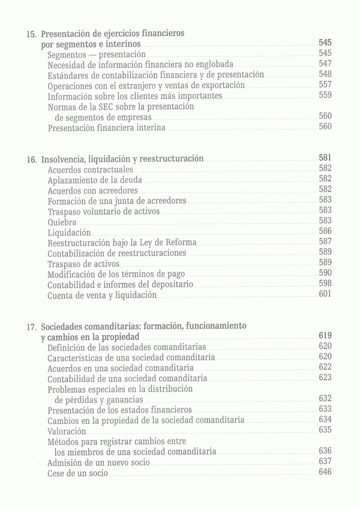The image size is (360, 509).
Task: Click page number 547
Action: (x=325, y=64)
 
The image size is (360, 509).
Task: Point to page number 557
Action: (x=325, y=85)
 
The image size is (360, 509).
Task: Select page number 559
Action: (x=325, y=95)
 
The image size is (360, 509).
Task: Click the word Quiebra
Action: (x=62, y=222)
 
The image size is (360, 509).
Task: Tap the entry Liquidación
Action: (x=69, y=232)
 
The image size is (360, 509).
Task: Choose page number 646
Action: (x=325, y=472)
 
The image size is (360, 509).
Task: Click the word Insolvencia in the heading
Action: (x=65, y=159)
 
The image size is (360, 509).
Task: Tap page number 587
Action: (x=325, y=242)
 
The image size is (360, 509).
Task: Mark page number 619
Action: (x=325, y=336)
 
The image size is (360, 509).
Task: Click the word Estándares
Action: (x=69, y=75)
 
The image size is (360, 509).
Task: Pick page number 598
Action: (x=325, y=283)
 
